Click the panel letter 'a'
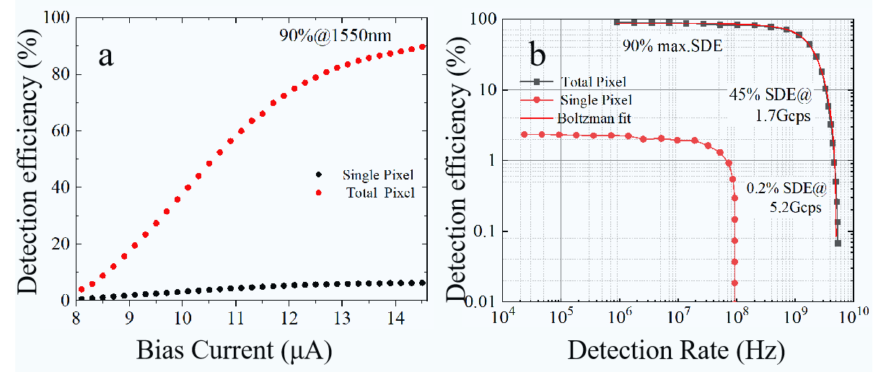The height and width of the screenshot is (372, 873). tap(105, 56)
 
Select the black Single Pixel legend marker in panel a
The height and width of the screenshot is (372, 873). tap(319, 175)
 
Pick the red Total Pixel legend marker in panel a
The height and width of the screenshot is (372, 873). tap(319, 192)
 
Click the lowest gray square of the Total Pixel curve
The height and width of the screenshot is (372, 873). tap(838, 243)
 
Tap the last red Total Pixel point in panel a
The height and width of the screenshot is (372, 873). tap(423, 47)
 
